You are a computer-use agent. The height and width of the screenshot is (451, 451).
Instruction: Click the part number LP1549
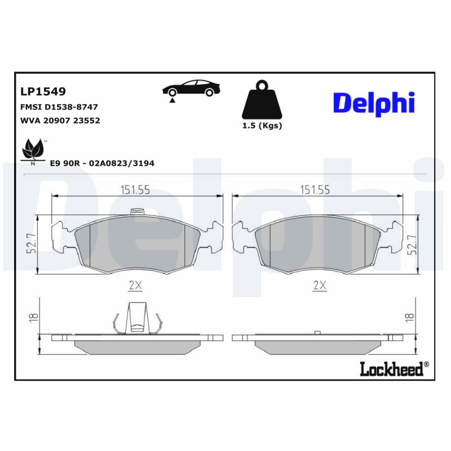click(43, 91)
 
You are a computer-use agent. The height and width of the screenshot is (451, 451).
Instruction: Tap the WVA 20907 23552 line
click(60, 121)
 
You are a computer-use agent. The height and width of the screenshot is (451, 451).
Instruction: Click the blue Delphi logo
click(374, 103)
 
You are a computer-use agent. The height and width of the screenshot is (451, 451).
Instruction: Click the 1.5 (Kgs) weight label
click(262, 126)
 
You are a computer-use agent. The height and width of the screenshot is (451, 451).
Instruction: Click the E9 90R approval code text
click(102, 163)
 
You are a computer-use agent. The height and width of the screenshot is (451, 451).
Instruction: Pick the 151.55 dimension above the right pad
click(315, 190)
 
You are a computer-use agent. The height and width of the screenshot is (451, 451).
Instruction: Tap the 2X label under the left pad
click(135, 286)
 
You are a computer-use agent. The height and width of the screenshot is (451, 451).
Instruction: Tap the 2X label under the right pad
click(320, 286)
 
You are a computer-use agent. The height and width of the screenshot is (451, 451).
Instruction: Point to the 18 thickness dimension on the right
click(410, 319)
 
